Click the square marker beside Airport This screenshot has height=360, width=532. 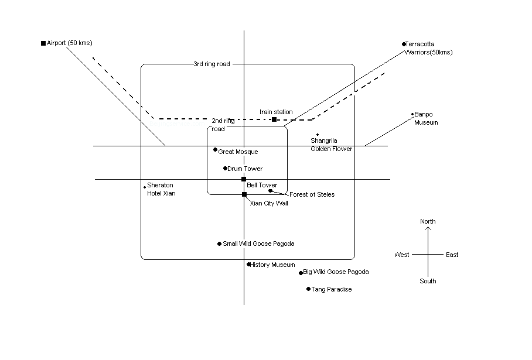tap(43, 43)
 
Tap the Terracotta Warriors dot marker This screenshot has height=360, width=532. tap(404, 44)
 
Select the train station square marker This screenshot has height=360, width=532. tap(274, 119)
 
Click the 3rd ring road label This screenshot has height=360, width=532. tap(212, 64)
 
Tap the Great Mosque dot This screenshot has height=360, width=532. tap(215, 150)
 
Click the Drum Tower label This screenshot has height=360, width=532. tap(245, 169)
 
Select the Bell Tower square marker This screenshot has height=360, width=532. tap(244, 179)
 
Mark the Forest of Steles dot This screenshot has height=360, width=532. tap(270, 190)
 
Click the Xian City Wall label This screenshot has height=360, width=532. tap(269, 203)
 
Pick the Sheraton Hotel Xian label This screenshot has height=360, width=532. tap(161, 189)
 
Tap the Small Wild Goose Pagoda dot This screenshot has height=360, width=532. tap(219, 244)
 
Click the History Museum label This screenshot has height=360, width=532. tap(273, 265)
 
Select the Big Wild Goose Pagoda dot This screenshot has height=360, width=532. tap(301, 273)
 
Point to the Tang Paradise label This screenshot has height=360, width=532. tap(332, 289)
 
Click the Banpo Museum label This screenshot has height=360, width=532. tap(426, 118)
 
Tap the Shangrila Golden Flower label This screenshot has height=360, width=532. tap(331, 145)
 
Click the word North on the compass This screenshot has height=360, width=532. tap(428, 221)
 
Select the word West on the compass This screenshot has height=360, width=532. tap(402, 255)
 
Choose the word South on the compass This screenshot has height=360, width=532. tap(428, 281)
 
